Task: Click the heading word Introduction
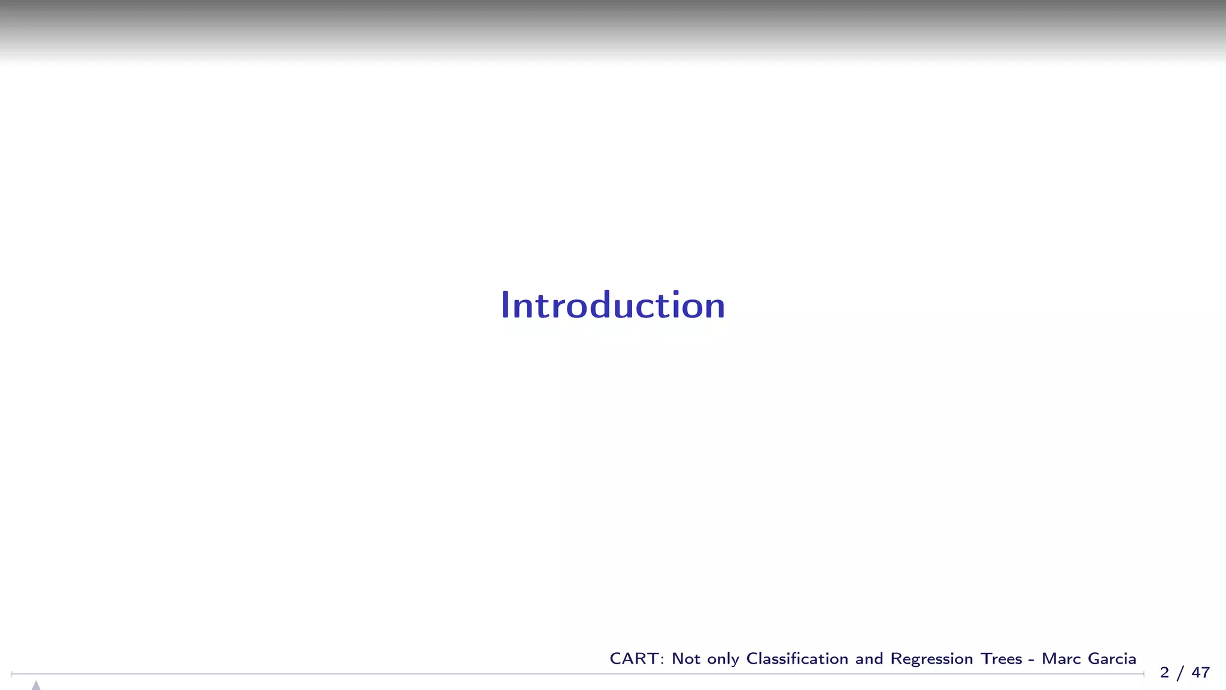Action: coord(612,305)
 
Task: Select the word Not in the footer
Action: coord(686,659)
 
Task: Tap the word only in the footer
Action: coord(723,660)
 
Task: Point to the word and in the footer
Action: coord(869,659)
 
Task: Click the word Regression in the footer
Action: coord(931,660)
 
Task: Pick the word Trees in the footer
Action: coord(1001,659)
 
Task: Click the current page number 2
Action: coord(1164,673)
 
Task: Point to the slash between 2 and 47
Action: coord(1180,673)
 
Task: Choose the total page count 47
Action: coord(1200,673)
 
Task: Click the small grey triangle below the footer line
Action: coord(36,685)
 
